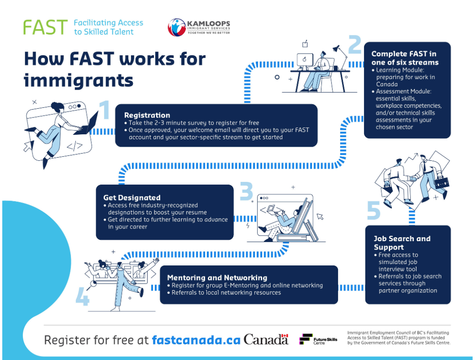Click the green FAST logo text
45,27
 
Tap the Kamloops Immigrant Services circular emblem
177,27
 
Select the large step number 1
105,110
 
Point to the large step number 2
355,44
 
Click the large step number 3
246,191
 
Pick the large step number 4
82,296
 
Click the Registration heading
147,115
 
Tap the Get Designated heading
132,197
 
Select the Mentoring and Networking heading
217,278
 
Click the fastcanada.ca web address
196,340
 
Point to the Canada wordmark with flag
266,339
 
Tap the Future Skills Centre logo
318,339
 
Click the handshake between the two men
412,178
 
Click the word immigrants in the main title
79,80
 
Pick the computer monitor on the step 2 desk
305,60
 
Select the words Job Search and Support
402,243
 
